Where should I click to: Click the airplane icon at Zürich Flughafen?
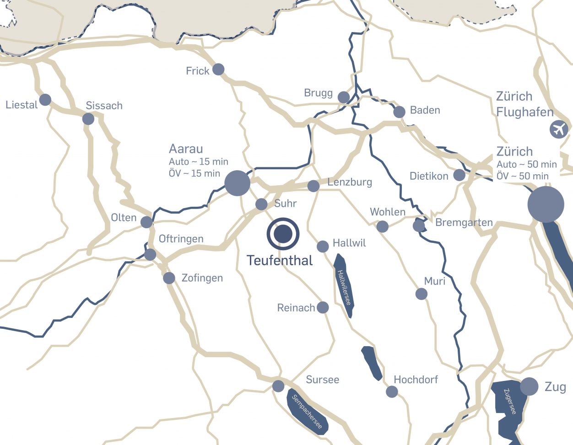pos(558,129)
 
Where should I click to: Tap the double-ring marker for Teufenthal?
pos(283,234)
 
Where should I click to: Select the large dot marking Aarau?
pos(237,183)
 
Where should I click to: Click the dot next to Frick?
pos(218,70)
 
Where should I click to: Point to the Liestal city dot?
pos(45,100)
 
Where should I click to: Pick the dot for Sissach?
pos(88,119)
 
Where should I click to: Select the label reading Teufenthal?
pos(280,261)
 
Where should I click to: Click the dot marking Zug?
pos(529,386)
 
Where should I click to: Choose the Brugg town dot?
pos(343,97)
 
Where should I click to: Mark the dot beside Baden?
pos(399,112)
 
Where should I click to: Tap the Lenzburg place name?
pos(350,182)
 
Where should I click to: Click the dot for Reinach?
pos(323,307)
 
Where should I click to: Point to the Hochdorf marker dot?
pos(392,391)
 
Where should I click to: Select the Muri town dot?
pos(422,294)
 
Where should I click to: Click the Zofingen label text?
pos(202,278)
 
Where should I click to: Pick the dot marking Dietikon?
pos(459,175)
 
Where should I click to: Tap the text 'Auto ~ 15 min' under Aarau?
pos(198,162)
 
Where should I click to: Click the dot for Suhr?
pos(261,204)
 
